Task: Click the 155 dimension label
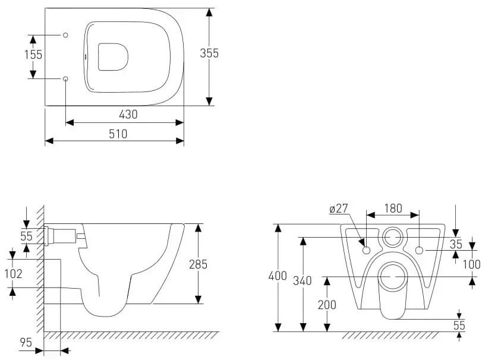tap(33, 55)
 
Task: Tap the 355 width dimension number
tap(209, 53)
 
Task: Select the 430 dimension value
tap(128, 115)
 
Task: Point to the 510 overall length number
tap(118, 134)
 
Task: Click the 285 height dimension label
tap(198, 264)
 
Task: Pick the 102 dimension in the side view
tap(14, 273)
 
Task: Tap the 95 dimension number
tap(26, 342)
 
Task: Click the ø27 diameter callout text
tap(338, 209)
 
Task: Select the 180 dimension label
tap(393, 209)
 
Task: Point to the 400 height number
tap(278, 276)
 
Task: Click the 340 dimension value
tap(302, 280)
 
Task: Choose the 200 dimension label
tap(327, 305)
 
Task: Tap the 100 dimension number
tap(471, 264)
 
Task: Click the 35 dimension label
tap(456, 244)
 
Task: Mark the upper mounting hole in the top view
tap(65, 35)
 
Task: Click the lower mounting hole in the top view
tap(65, 78)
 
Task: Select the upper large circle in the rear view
tap(392, 228)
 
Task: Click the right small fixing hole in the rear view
tap(419, 250)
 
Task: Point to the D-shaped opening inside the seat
tap(99, 57)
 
